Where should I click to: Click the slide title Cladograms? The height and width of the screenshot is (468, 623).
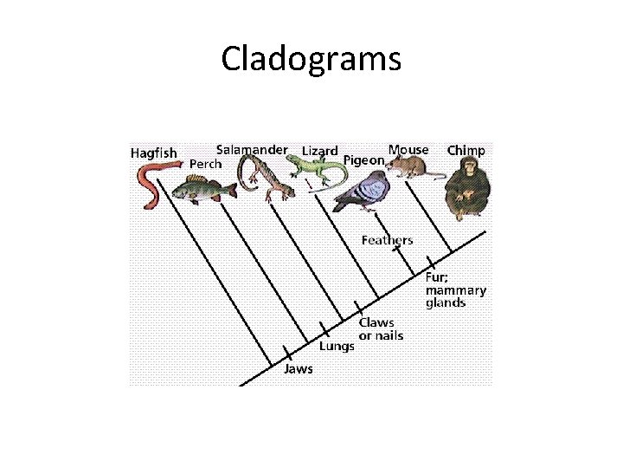(x=311, y=59)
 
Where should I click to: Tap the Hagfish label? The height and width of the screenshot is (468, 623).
(x=153, y=153)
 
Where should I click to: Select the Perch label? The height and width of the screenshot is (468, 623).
(x=205, y=164)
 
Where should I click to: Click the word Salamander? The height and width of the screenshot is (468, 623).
(x=252, y=149)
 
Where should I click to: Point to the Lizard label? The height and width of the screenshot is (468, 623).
(x=319, y=151)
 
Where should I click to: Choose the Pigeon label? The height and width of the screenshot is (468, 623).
(x=363, y=160)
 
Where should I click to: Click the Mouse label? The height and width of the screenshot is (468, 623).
(x=408, y=150)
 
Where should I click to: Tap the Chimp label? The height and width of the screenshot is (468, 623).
(x=466, y=150)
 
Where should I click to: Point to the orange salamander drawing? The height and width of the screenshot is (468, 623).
(x=263, y=178)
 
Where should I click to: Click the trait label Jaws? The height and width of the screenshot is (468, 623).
(x=299, y=368)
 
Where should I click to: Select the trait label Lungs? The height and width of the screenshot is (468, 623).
(x=337, y=346)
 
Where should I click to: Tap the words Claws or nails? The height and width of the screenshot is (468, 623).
(x=381, y=329)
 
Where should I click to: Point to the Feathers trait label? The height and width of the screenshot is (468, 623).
(x=387, y=240)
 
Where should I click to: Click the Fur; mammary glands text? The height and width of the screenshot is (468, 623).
(x=455, y=290)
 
